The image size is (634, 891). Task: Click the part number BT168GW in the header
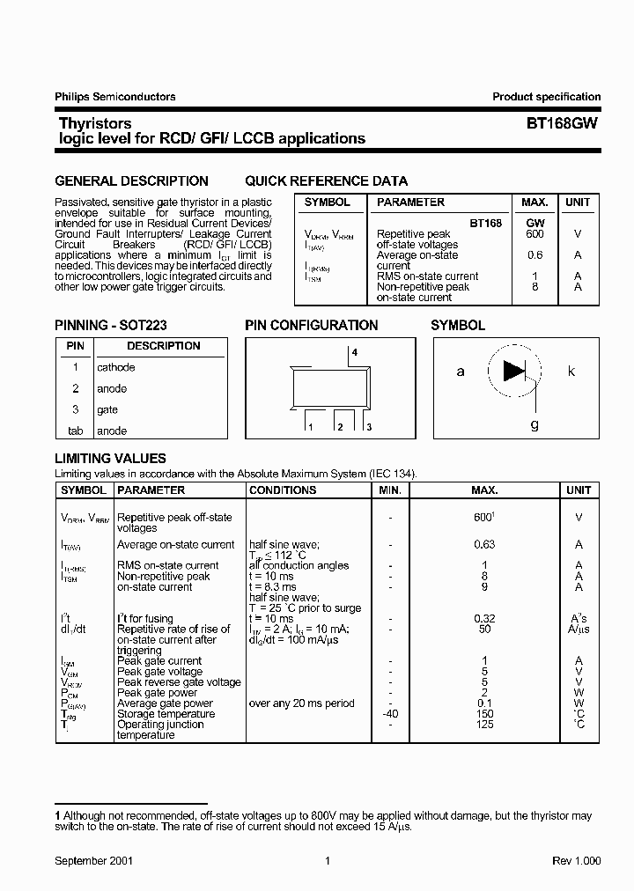[562, 124]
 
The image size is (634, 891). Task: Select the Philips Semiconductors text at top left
[115, 97]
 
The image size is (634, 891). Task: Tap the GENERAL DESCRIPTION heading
[131, 181]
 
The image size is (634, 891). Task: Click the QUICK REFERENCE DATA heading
[326, 181]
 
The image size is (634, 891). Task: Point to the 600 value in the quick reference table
[534, 234]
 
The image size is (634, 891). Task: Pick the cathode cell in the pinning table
[116, 367]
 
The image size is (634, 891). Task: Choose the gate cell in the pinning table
[107, 409]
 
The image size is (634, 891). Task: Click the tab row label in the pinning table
[75, 431]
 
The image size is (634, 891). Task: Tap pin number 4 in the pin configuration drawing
[355, 352]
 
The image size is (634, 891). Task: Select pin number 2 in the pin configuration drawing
[339, 427]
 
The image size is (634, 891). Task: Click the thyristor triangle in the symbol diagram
[514, 371]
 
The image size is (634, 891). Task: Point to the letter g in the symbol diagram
[534, 423]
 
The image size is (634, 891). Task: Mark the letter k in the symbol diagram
[571, 372]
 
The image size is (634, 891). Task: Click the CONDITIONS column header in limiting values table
[283, 490]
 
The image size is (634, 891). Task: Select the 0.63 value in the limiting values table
[484, 545]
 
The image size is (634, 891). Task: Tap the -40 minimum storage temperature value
[390, 714]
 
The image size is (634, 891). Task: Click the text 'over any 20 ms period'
[302, 703]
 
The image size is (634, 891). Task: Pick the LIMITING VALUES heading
[110, 459]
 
